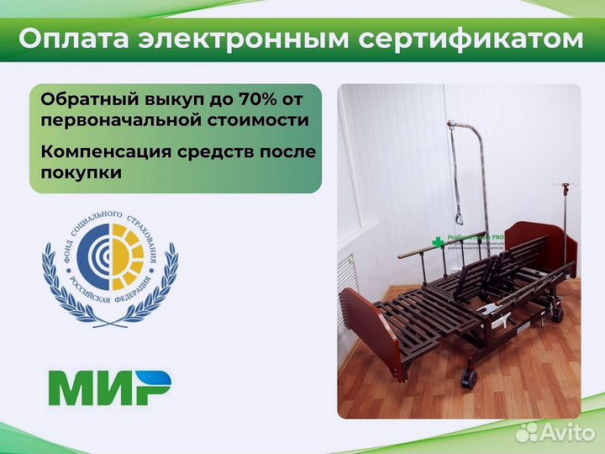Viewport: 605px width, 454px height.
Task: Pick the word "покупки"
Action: pyautogui.click(x=81, y=172)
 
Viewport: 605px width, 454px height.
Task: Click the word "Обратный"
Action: pyautogui.click(x=82, y=100)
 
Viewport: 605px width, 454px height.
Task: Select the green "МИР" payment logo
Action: pyautogui.click(x=108, y=388)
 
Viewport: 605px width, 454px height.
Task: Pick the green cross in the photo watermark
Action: pyautogui.click(x=436, y=243)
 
